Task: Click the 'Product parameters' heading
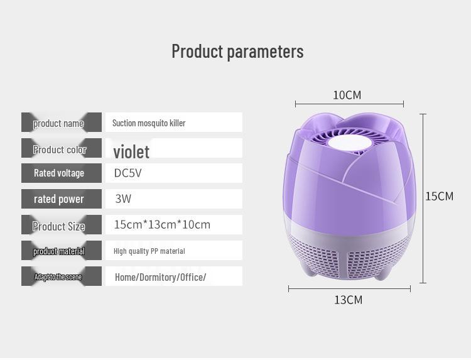237,52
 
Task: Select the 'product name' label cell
60,123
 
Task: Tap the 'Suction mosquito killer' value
149,123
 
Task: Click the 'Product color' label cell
60,150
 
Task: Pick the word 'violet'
131,151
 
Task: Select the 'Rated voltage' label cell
60,173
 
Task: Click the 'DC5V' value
127,173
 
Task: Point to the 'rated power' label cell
60,199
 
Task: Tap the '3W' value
123,199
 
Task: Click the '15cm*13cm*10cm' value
162,224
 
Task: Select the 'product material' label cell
60,251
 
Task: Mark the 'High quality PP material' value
149,251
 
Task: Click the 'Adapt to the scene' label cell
60,276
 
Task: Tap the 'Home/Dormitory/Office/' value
160,277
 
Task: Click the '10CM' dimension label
347,95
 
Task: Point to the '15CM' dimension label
439,196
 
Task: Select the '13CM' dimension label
348,300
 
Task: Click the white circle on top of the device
347,142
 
